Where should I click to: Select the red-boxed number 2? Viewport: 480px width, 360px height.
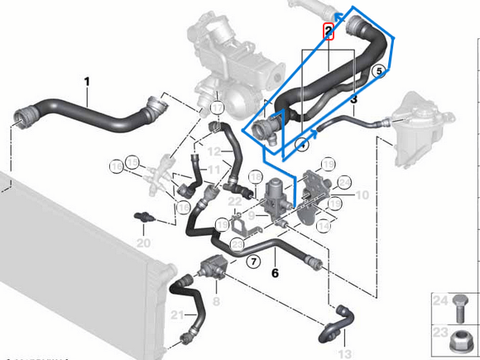click(x=329, y=32)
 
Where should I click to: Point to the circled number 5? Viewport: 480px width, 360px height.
click(x=380, y=70)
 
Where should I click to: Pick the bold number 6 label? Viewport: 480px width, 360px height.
click(x=276, y=269)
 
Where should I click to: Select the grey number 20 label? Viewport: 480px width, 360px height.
click(x=143, y=243)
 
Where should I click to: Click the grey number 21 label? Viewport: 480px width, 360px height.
click(x=176, y=314)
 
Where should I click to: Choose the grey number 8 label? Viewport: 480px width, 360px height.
click(x=216, y=302)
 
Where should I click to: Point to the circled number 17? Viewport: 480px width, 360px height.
click(x=216, y=108)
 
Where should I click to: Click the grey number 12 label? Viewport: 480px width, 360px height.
click(x=214, y=152)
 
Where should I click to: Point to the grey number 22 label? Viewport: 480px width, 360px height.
click(x=235, y=201)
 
